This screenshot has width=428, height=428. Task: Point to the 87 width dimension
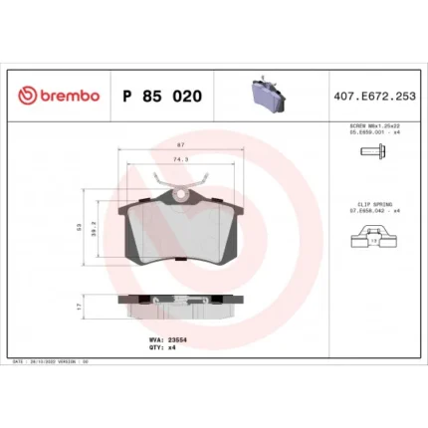[179, 147]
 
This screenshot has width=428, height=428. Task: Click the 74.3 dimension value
[179, 159]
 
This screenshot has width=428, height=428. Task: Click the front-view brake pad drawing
[179, 234]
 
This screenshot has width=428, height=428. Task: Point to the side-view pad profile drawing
[179, 307]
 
